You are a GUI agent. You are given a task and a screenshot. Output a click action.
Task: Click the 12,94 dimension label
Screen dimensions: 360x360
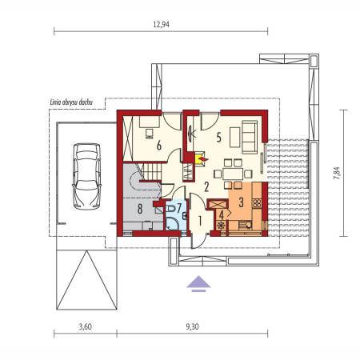point(161,25)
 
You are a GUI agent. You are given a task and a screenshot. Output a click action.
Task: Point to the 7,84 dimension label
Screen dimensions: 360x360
point(337,173)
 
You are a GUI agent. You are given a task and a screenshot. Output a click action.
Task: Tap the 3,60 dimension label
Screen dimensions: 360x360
point(86,326)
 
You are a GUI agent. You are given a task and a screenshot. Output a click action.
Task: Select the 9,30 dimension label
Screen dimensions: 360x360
point(192,326)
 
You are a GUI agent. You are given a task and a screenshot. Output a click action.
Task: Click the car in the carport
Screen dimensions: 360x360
point(87,176)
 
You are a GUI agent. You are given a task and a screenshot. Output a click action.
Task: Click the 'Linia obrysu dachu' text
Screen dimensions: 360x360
point(71,102)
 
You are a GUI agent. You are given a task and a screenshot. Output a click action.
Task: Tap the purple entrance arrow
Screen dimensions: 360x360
point(198,284)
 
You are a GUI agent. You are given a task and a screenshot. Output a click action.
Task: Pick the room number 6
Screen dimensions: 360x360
point(159,146)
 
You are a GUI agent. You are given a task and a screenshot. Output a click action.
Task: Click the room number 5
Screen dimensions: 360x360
point(218,138)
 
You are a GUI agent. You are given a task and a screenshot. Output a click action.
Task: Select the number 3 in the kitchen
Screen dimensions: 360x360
point(241,202)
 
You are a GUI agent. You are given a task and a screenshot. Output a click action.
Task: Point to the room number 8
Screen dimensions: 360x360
point(140,209)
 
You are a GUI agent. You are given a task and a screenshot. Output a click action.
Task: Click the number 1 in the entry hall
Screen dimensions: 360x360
point(200,220)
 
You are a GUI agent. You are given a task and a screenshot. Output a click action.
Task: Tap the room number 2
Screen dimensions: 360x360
point(206,187)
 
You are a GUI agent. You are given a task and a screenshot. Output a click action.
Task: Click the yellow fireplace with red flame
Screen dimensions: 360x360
point(200,159)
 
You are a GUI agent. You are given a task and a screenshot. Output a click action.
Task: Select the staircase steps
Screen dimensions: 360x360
point(153,172)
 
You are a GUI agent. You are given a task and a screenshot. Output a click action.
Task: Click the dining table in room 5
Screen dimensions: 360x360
point(233,174)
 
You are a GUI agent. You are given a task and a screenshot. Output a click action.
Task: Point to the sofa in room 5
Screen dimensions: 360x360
point(250,137)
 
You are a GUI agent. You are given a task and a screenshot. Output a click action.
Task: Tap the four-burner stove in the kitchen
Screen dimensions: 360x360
point(257,203)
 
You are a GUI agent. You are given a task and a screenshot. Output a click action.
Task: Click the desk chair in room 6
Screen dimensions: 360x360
point(150,134)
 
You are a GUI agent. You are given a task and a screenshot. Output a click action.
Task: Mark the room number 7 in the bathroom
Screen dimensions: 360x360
point(179,207)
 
